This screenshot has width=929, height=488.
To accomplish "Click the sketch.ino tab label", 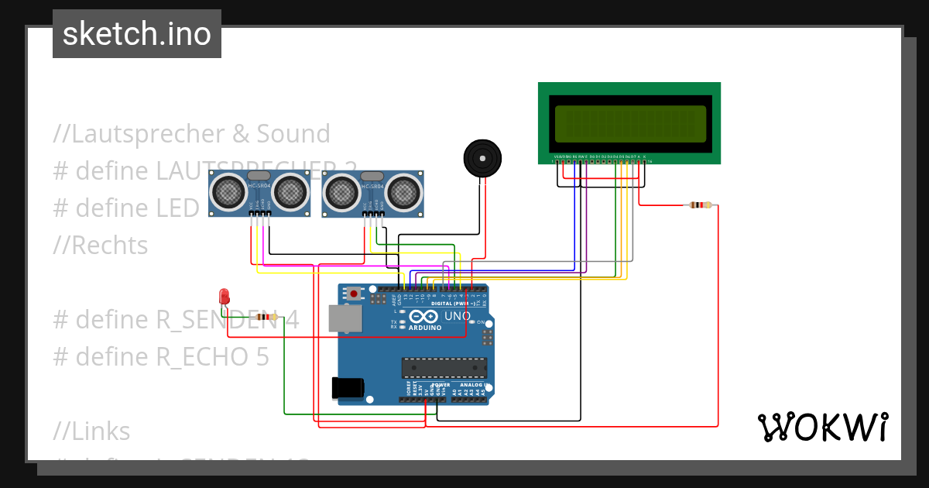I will [137, 34].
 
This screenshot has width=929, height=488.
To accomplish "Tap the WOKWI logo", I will [822, 427].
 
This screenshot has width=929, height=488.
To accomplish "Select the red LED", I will [224, 297].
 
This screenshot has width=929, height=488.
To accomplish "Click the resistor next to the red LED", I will [266, 317].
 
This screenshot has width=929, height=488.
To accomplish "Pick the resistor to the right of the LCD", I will [700, 205].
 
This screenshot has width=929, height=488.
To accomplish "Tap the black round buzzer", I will [482, 159].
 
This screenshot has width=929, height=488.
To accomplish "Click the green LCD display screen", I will [630, 124].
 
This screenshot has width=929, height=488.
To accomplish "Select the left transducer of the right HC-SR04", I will [341, 192].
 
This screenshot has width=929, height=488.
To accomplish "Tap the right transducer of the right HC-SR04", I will [403, 192].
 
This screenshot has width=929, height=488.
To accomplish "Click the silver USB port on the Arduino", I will [344, 318].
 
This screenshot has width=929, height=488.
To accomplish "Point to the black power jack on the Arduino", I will [348, 387].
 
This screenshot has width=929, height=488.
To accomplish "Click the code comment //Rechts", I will [101, 246].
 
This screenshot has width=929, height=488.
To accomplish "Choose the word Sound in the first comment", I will [293, 134].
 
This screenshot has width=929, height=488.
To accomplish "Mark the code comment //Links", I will [92, 431].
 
